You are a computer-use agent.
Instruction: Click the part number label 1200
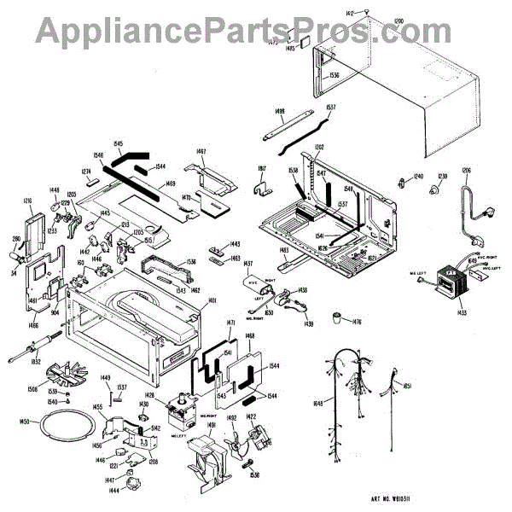click(x=399, y=19)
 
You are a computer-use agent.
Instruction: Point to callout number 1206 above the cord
click(x=466, y=172)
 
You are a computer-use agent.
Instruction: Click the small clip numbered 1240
click(x=400, y=181)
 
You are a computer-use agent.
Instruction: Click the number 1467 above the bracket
click(x=201, y=152)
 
